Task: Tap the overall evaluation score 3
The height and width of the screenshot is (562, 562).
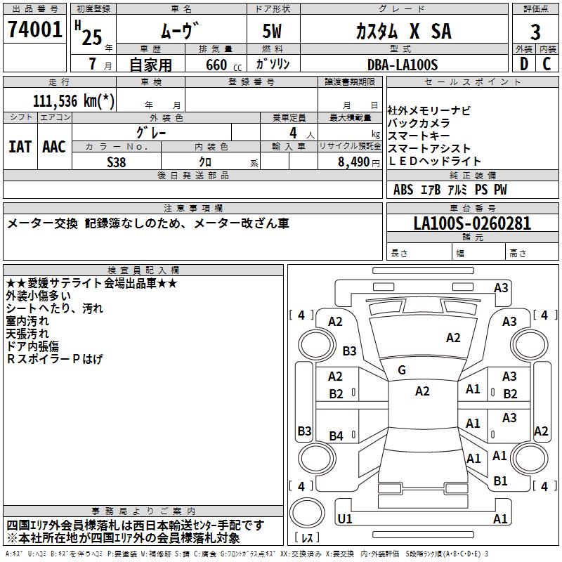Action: (535, 31)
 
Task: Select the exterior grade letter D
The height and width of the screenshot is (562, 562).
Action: (523, 64)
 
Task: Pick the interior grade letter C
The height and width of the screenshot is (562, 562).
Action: (547, 64)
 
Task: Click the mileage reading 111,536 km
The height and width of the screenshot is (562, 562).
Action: (74, 100)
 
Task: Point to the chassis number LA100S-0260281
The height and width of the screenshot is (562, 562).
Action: (472, 223)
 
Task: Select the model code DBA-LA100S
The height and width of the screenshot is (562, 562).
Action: (403, 64)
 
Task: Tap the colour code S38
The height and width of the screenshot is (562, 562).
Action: (117, 161)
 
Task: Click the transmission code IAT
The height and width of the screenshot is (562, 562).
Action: (20, 146)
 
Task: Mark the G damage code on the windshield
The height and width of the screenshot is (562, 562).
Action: (402, 370)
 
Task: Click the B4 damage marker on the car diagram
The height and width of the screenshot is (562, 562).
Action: (336, 436)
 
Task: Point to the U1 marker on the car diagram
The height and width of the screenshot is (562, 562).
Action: (344, 518)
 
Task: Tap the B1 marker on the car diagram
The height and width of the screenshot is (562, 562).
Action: (500, 481)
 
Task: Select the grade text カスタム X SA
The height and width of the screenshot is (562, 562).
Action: (403, 31)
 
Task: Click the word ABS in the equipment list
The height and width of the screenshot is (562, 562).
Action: (403, 190)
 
